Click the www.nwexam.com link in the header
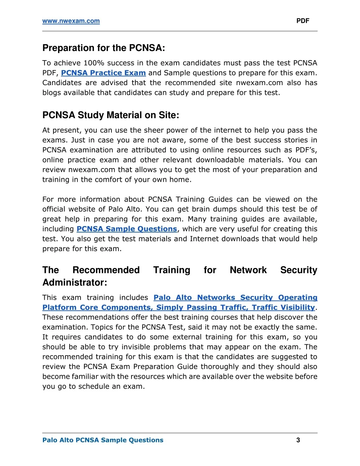(71, 21)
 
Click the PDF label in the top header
(303, 21)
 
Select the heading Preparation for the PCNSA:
(104, 48)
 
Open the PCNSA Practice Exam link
(103, 73)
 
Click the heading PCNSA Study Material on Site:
(111, 115)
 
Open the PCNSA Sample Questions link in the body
(127, 229)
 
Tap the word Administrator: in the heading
(75, 282)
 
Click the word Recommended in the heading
(106, 270)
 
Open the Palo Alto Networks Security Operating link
(235, 298)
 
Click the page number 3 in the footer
(298, 440)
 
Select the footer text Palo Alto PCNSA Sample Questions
(103, 440)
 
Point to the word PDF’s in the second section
(306, 150)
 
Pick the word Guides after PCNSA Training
(220, 199)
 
